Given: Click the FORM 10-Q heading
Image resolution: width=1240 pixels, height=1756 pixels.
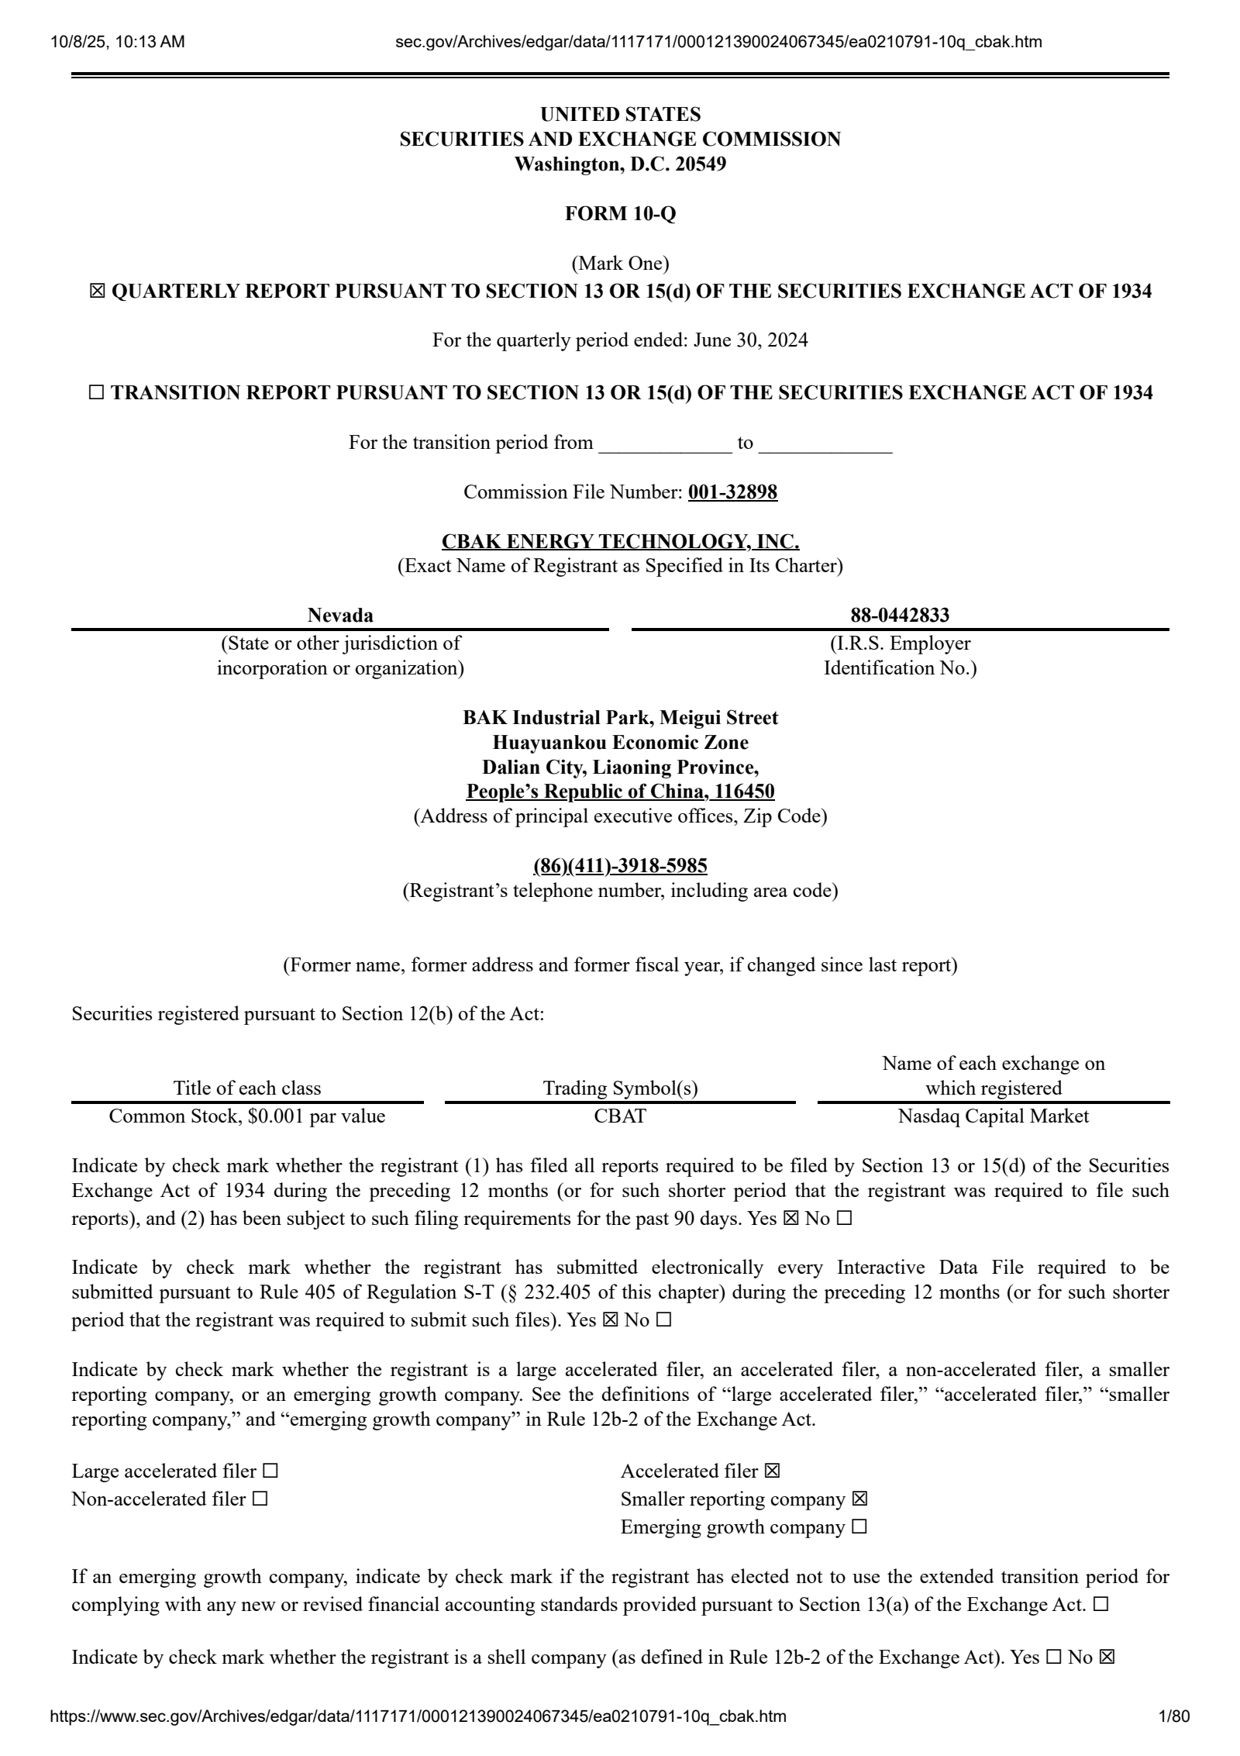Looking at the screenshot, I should pos(620,214).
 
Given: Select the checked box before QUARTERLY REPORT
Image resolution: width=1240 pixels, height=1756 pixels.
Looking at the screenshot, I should pos(97,292).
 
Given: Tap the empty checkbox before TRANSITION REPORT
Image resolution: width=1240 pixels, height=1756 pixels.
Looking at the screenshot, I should pos(96,393).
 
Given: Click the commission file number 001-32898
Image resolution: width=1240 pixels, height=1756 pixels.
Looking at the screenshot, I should pos(732,492).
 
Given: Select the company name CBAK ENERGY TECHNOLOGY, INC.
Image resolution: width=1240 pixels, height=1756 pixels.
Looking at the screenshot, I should pos(620,541).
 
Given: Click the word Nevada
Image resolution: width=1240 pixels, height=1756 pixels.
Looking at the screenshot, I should pos(340,616).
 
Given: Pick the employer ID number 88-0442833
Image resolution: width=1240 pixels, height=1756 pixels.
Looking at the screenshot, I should pos(900,616).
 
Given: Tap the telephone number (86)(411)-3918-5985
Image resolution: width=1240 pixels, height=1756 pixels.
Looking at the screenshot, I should pos(620,865).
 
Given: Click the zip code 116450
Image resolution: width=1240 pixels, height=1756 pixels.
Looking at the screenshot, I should pos(744,792).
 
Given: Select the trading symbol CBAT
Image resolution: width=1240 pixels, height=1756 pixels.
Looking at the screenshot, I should pos(620,1116).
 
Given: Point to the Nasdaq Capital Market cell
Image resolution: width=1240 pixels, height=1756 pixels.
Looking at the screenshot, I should pos(993,1116).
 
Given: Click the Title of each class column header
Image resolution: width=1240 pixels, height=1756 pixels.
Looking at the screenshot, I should pos(247,1088).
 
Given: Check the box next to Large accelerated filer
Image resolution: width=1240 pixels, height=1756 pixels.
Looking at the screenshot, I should pos(270,1471).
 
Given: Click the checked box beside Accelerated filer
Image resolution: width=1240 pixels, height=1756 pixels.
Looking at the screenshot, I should pos(772,1471).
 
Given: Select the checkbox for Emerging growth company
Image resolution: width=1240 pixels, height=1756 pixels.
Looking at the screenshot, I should pos(859,1527).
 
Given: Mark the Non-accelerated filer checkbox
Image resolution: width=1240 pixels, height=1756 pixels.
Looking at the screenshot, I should pos(260,1499).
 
